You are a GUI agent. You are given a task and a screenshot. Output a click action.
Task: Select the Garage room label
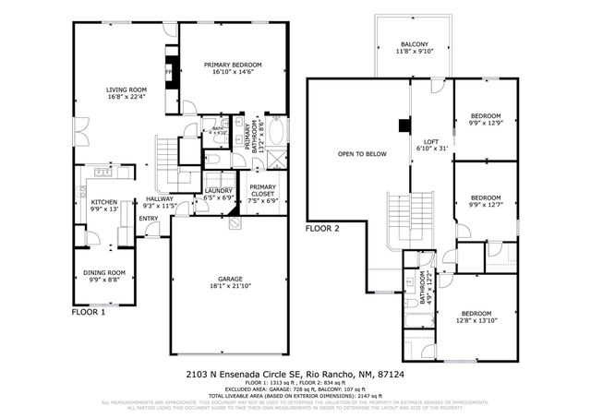click(231, 282)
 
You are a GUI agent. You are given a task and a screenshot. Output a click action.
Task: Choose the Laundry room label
click(218, 194)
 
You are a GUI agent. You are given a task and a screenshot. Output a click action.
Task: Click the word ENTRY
click(149, 219)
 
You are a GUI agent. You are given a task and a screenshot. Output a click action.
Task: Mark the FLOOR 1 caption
click(89, 313)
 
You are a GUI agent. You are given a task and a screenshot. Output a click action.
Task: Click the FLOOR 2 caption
click(322, 227)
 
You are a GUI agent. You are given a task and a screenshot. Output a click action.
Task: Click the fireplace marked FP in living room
click(169, 72)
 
